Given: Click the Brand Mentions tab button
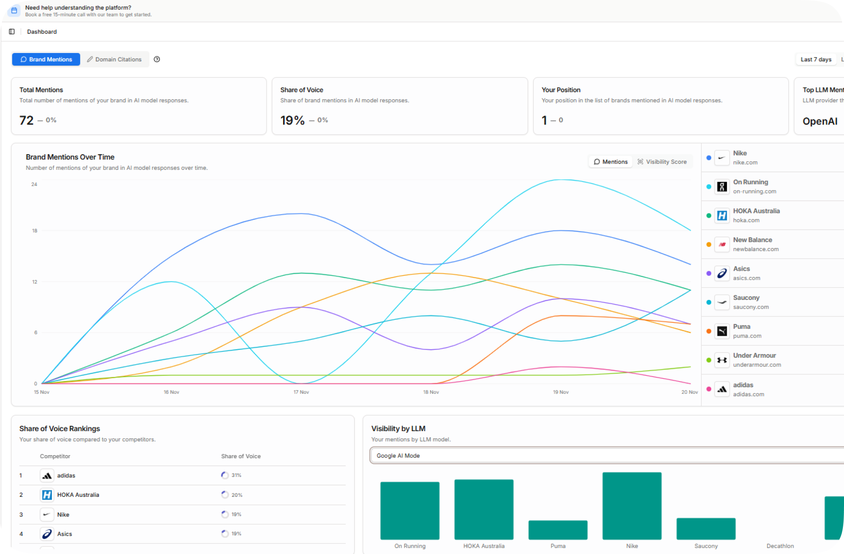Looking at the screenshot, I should [x=46, y=60].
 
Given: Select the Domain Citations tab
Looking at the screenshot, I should [x=114, y=60].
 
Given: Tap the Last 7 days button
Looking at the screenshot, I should [x=816, y=60].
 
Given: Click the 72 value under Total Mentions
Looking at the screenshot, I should [x=26, y=120].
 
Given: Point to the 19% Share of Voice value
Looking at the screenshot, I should [x=292, y=120].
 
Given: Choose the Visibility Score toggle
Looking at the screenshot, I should [x=662, y=162].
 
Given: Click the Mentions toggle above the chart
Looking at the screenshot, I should [x=610, y=162].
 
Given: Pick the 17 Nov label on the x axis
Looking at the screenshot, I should [x=301, y=392].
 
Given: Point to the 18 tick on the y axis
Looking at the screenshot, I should [x=35, y=230].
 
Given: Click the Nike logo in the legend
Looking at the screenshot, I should [x=722, y=158].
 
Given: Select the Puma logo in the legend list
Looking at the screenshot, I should [x=722, y=331].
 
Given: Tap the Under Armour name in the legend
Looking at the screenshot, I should [x=754, y=355].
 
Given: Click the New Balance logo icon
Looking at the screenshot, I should [x=722, y=245].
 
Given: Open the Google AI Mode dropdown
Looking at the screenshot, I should [x=603, y=456].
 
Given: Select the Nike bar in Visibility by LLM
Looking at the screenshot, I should [x=632, y=506].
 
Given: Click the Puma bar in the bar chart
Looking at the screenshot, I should [x=558, y=530].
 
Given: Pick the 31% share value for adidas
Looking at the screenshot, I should [x=236, y=475].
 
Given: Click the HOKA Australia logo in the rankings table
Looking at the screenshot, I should [x=47, y=495].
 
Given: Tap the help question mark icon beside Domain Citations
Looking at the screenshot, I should [x=157, y=59].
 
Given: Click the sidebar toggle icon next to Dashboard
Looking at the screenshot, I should [x=12, y=32].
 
